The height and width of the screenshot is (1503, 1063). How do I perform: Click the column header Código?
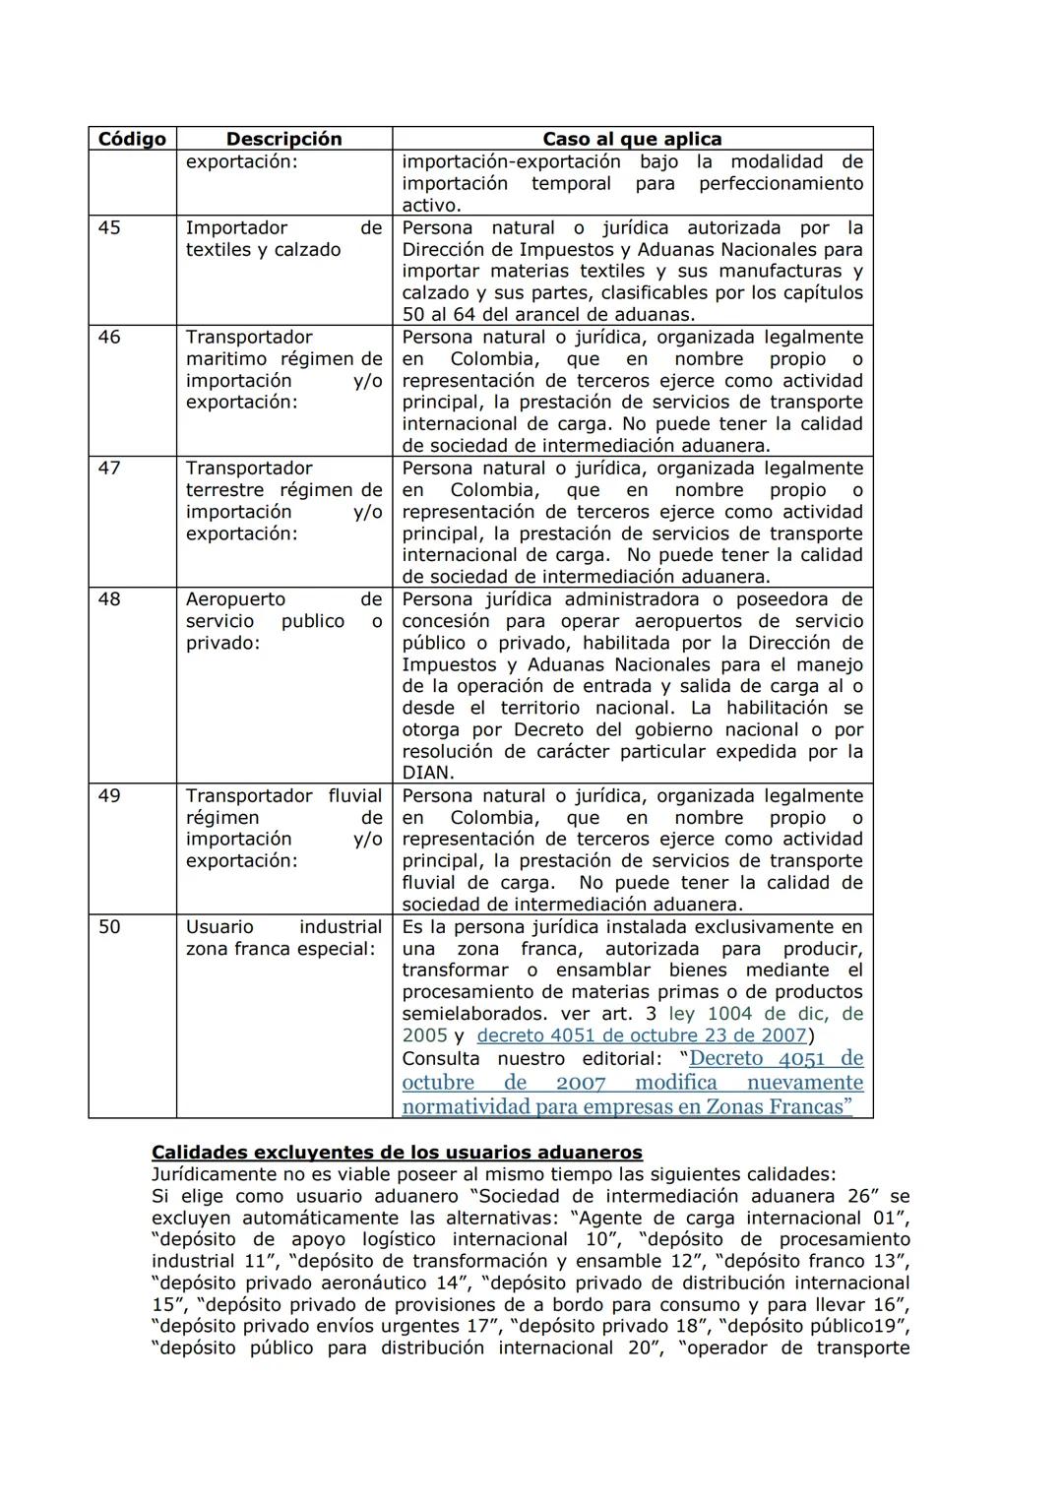coord(132,139)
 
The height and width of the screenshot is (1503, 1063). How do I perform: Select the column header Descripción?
coord(283,139)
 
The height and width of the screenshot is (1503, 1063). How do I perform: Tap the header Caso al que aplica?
coord(632,139)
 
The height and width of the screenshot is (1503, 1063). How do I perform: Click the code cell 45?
coord(109,228)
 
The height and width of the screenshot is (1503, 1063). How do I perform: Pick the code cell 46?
coord(109,338)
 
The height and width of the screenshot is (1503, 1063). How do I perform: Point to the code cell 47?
coord(109,469)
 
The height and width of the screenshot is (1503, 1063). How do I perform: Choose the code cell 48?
coord(109,599)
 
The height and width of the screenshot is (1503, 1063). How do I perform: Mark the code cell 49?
coord(109,796)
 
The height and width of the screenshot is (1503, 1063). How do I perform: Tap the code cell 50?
coord(109,927)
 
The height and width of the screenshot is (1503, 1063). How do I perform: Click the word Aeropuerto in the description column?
coord(235,599)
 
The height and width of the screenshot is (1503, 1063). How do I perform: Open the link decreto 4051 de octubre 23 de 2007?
coord(642,1035)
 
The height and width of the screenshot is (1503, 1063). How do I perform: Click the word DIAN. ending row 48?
coord(427,774)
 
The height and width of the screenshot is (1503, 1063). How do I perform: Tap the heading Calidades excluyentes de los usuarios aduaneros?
coord(397,1153)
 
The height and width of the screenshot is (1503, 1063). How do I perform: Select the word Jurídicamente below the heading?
coord(213,1174)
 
